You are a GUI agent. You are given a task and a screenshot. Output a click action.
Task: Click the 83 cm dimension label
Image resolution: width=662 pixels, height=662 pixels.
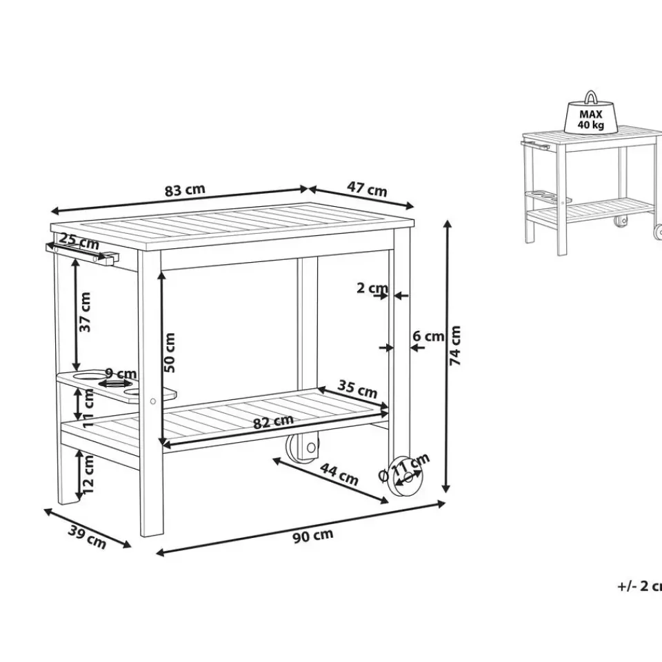[x=185, y=190]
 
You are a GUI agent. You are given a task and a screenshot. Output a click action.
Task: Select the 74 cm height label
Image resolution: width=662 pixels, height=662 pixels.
[x=455, y=345]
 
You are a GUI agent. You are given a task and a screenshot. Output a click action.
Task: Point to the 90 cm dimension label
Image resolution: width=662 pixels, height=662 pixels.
[x=313, y=536]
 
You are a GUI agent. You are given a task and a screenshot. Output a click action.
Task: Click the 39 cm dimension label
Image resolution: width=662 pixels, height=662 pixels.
[x=87, y=537]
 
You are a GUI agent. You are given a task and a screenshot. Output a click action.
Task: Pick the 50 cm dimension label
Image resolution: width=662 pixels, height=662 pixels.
[x=169, y=352]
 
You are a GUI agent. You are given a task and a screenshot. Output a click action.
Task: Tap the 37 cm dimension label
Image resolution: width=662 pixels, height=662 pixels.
[x=85, y=312]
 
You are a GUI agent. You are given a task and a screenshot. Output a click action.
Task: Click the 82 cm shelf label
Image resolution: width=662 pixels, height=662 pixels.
[x=273, y=421]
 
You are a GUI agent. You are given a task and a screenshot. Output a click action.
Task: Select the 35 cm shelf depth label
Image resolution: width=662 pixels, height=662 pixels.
[x=357, y=388]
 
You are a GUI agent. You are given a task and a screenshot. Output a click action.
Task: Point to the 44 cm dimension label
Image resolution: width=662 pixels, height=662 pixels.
[x=339, y=474]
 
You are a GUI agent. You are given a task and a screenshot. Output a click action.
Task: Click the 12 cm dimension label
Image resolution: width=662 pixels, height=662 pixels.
[x=88, y=474]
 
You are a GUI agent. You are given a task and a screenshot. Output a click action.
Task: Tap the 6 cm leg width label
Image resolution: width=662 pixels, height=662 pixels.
[x=428, y=336]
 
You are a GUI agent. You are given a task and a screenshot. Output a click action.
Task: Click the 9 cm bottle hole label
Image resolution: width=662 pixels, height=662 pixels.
[x=121, y=374]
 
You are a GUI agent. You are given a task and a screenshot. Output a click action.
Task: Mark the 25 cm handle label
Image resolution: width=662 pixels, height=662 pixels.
[x=79, y=241]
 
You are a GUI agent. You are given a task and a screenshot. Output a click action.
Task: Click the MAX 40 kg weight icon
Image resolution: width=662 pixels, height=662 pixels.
[x=591, y=112]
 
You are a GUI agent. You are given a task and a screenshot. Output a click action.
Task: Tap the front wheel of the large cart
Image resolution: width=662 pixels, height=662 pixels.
[x=405, y=476]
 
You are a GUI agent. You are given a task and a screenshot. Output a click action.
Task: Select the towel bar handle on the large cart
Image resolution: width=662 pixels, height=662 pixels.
[x=82, y=254]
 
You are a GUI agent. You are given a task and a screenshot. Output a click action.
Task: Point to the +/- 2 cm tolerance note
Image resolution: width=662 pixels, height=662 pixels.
[x=639, y=586]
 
